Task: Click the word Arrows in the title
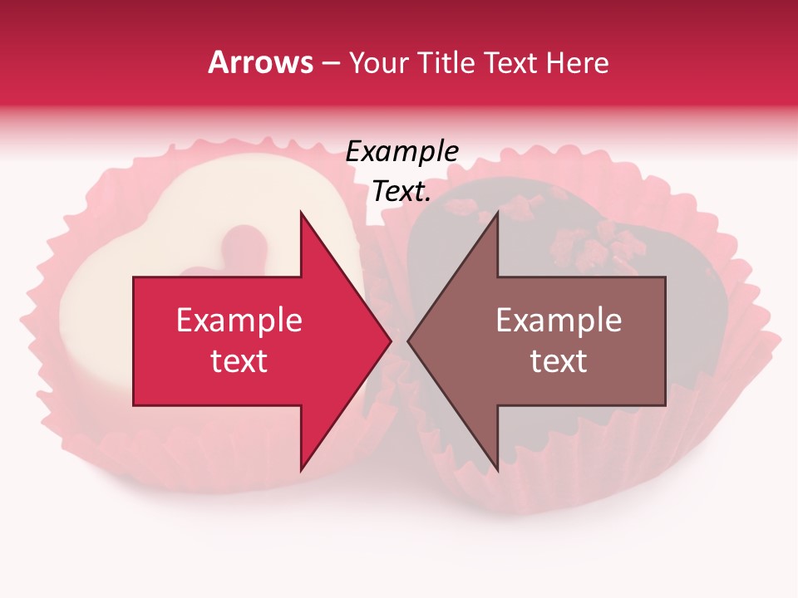260,62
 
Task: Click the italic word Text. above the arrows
401,192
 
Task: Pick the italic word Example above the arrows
401,152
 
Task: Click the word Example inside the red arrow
239,321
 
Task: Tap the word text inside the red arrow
239,361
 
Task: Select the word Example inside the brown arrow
559,321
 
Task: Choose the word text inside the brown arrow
559,361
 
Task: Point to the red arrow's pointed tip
391,341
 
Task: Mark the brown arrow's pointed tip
409,341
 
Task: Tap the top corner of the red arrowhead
301,213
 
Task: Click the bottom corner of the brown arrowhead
497,470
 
